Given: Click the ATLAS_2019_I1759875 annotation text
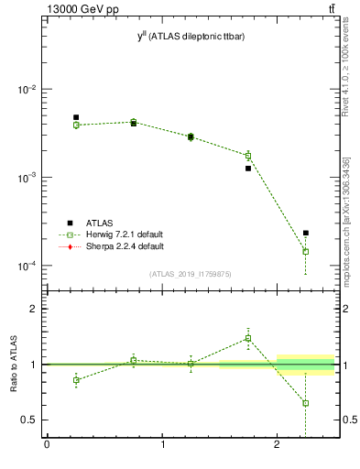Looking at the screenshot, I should [x=191, y=273].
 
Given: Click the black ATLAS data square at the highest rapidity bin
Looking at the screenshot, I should [x=306, y=233].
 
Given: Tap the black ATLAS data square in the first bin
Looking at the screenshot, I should [x=76, y=117].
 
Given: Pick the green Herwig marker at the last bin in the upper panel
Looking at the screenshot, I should [x=306, y=251].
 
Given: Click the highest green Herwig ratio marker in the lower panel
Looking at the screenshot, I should [x=248, y=338].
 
